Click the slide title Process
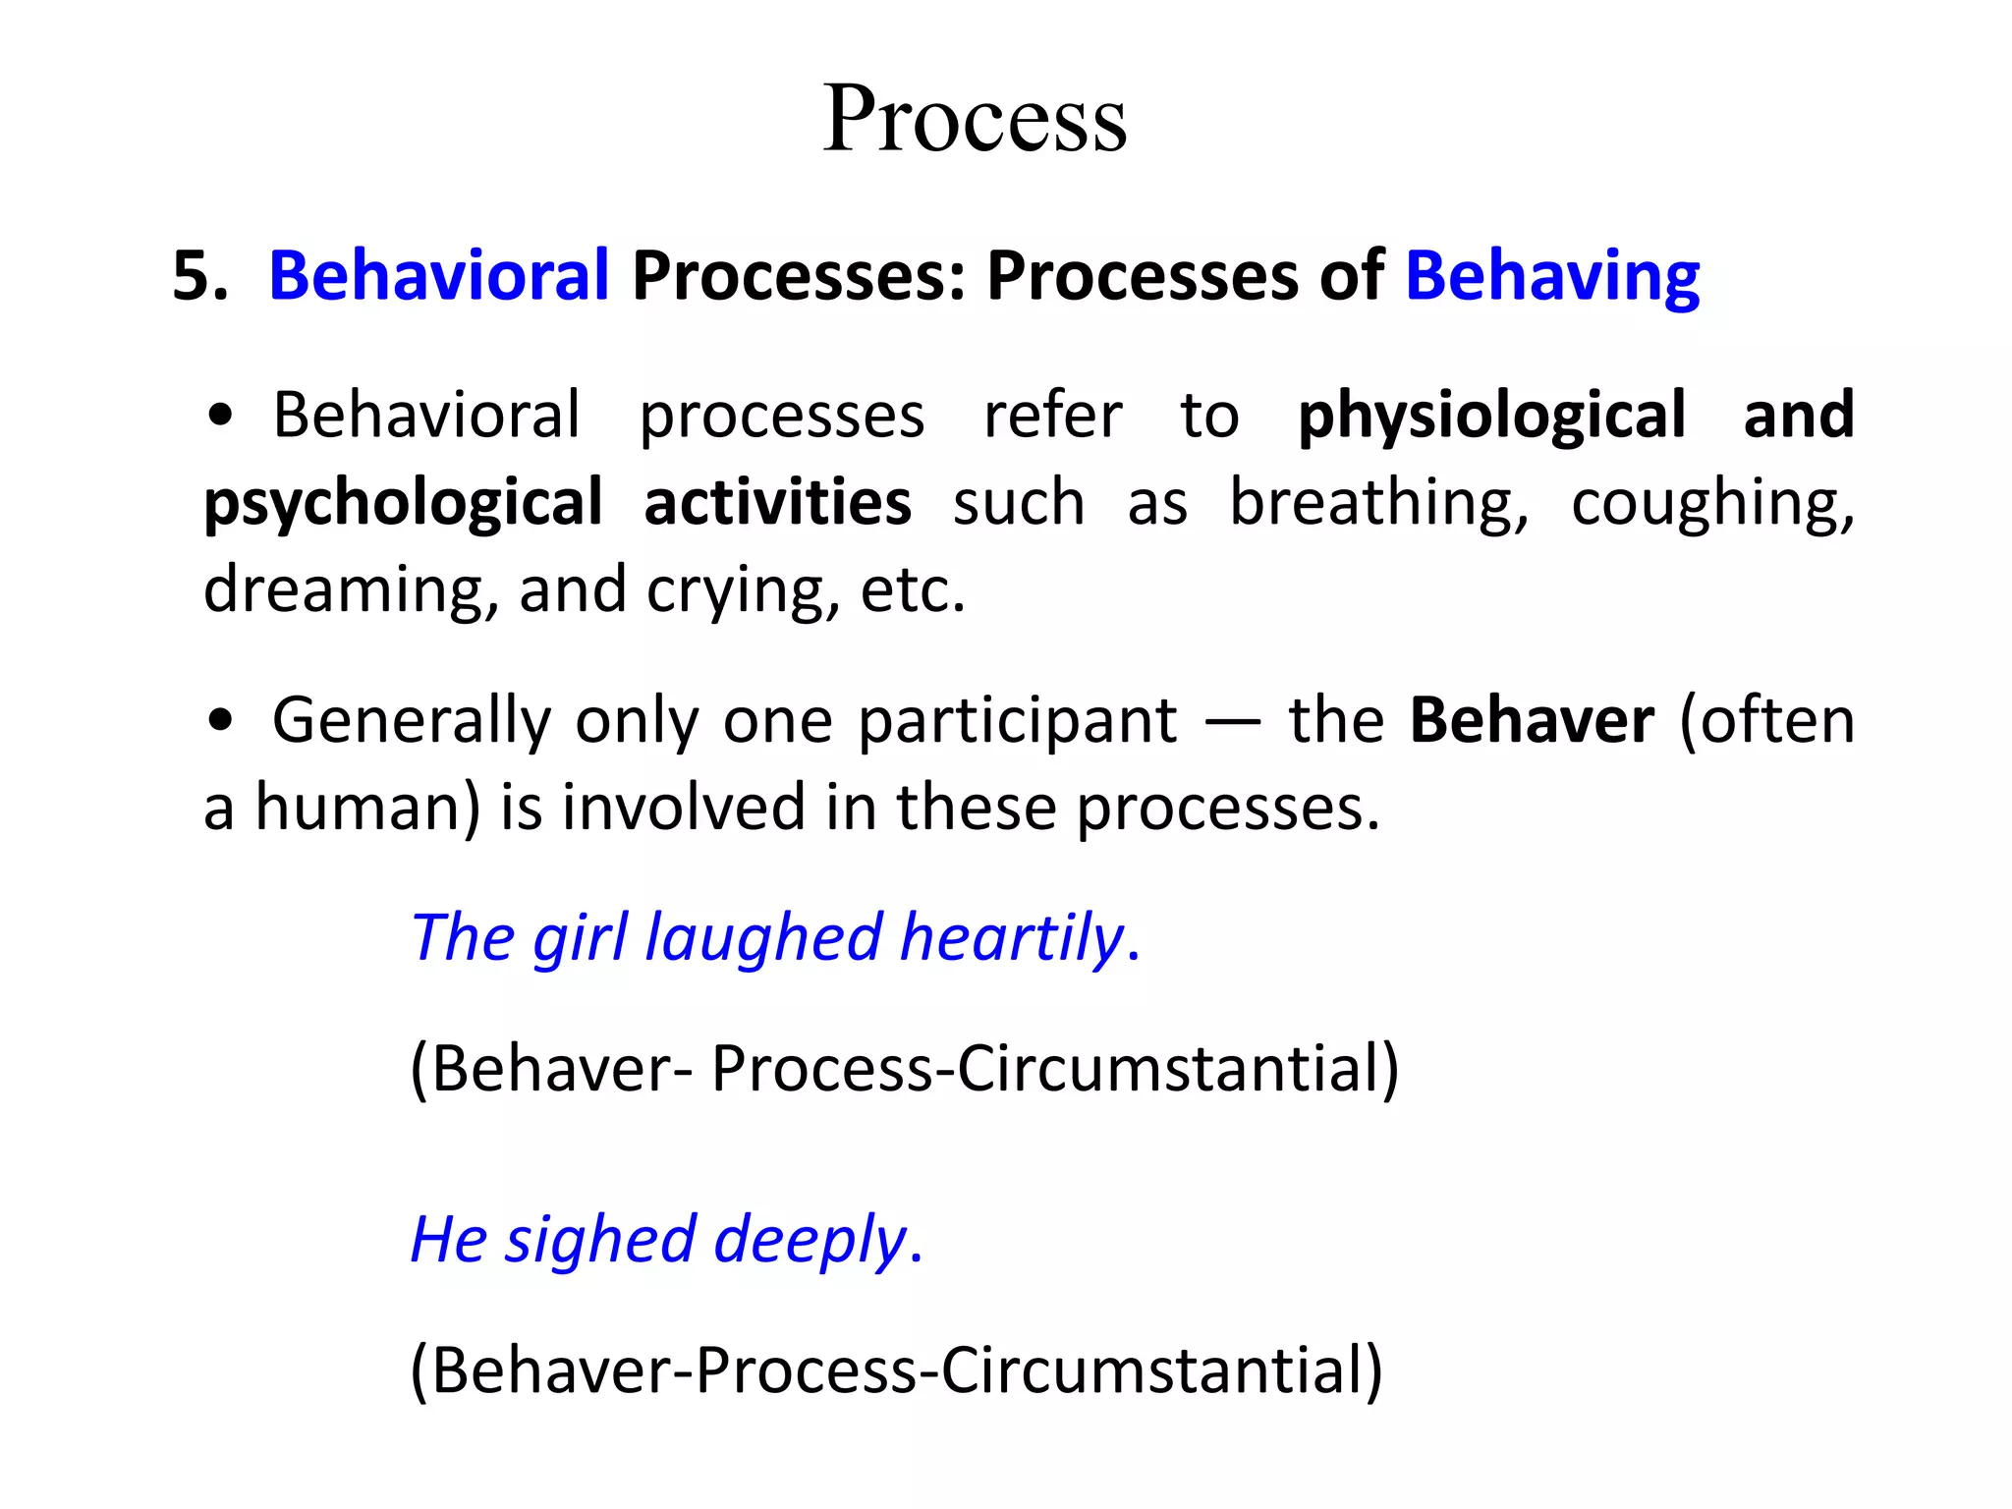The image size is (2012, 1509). [x=975, y=119]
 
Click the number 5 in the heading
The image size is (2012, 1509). [x=193, y=276]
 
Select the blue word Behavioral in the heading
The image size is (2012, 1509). [x=439, y=276]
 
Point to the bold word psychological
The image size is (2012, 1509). [x=403, y=504]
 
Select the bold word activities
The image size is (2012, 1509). [x=777, y=502]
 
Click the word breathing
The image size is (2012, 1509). [x=1379, y=504]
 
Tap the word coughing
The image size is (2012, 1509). [x=1711, y=504]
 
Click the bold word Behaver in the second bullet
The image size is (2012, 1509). [x=1532, y=720]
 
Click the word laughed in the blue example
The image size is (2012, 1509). [x=763, y=937]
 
